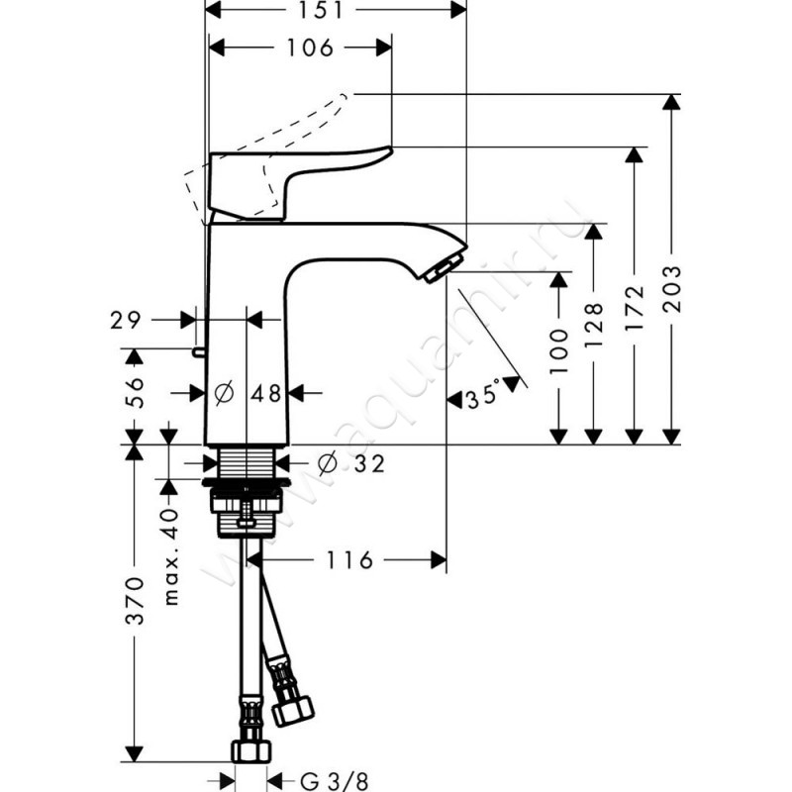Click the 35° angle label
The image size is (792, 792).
click(483, 398)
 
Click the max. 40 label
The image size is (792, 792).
click(169, 557)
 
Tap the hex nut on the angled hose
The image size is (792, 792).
click(293, 708)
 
